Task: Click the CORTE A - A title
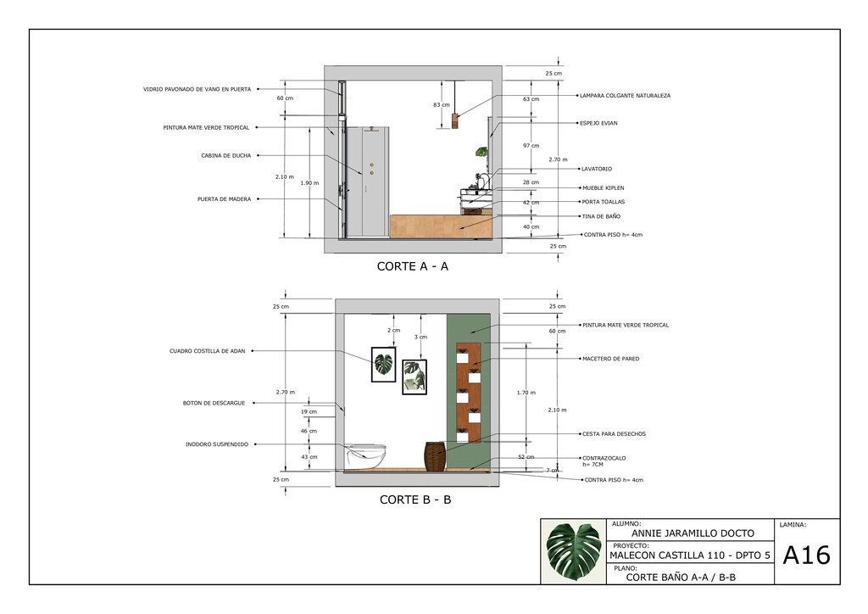(413, 266)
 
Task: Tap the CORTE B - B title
(415, 500)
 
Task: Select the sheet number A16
(807, 555)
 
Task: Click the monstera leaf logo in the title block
(574, 551)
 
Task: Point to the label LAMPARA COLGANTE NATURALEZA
(625, 96)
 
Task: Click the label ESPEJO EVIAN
(598, 123)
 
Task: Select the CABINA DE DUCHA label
(225, 155)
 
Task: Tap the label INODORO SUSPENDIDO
(217, 444)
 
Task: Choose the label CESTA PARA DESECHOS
(614, 434)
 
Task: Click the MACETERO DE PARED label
(610, 359)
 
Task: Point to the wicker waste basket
(435, 457)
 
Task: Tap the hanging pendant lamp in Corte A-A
(455, 120)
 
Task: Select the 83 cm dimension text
(441, 104)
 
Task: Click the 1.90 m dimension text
(309, 182)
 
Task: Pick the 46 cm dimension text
(309, 431)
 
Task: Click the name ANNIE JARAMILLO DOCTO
(693, 533)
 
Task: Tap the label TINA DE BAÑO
(601, 216)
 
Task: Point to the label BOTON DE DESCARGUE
(214, 403)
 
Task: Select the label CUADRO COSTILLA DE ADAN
(207, 351)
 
